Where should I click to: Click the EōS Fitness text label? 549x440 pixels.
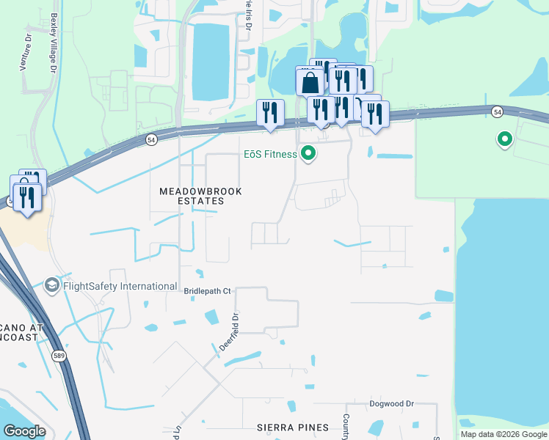click(x=270, y=155)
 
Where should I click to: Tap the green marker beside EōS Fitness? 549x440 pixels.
click(x=308, y=154)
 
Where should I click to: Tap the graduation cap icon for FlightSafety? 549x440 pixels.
click(x=52, y=285)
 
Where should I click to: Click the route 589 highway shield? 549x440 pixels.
click(x=58, y=356)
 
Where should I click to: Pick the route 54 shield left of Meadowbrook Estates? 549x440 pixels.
click(x=150, y=139)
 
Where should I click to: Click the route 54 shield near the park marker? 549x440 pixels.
click(x=497, y=111)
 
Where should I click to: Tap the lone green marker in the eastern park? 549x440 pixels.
click(x=504, y=138)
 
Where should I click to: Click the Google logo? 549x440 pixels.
click(x=23, y=431)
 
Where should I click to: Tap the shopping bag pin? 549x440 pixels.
click(x=310, y=81)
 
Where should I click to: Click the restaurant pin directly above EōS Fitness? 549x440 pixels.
click(x=321, y=110)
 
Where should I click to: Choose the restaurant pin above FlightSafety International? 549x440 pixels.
click(x=28, y=198)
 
